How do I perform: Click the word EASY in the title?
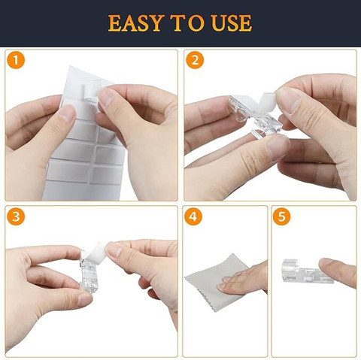(x=136, y=23)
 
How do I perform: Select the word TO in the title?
(x=188, y=23)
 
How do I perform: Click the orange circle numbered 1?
(x=16, y=60)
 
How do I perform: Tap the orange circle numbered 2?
(x=195, y=60)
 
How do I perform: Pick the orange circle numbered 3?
(x=16, y=216)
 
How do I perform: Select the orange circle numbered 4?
(x=193, y=216)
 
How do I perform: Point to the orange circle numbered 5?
(x=281, y=216)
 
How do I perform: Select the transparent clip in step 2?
(x=253, y=115)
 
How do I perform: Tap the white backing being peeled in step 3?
(x=96, y=250)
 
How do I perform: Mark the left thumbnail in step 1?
(x=67, y=113)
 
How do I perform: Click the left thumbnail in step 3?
(x=85, y=300)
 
